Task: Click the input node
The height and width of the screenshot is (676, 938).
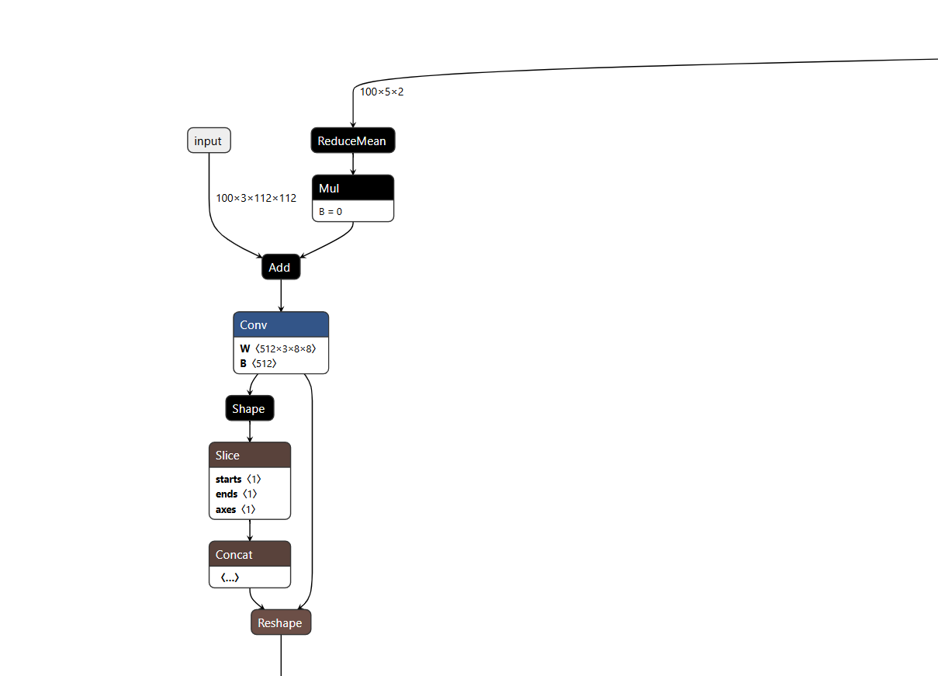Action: click(x=209, y=140)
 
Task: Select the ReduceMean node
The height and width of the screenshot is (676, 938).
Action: click(x=352, y=140)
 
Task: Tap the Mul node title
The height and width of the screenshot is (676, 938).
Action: click(x=352, y=188)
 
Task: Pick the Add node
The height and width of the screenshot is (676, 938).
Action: click(x=280, y=267)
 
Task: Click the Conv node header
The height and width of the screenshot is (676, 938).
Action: click(x=280, y=324)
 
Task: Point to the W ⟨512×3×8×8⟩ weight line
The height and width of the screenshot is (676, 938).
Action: click(x=278, y=348)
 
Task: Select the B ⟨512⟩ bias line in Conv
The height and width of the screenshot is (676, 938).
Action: click(x=258, y=362)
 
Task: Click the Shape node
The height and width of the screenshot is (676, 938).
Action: click(x=249, y=408)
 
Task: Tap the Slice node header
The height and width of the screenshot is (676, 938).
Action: click(x=249, y=455)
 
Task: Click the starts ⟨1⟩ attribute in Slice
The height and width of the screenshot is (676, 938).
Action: click(x=237, y=479)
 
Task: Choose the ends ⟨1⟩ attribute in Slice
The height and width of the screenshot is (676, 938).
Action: click(x=236, y=494)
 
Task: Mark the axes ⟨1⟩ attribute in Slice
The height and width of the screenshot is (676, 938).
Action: click(x=235, y=509)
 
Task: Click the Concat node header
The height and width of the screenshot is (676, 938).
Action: click(x=249, y=554)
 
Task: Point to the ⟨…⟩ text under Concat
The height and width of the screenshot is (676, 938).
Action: click(x=229, y=577)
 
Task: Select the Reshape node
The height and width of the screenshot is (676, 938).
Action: click(x=280, y=622)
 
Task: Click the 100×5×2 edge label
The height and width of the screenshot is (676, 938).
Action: click(x=382, y=92)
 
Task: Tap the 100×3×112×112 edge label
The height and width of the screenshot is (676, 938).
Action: click(x=256, y=198)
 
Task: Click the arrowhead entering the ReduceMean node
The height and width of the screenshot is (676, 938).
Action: click(x=353, y=124)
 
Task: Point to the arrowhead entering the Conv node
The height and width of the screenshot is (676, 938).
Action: click(x=281, y=308)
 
